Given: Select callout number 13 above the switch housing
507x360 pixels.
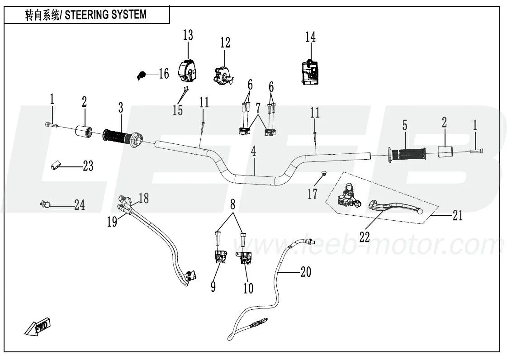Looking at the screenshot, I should point(188,35).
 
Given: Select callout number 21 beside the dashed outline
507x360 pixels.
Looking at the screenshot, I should point(458,216).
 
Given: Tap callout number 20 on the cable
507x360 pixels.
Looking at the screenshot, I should point(305,272).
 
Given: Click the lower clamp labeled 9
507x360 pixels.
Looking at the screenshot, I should point(219,258).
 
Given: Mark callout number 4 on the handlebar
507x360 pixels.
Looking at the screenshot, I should point(254,152).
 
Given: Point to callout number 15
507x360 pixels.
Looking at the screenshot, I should point(178,110).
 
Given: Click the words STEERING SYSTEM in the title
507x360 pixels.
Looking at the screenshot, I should point(106,14).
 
